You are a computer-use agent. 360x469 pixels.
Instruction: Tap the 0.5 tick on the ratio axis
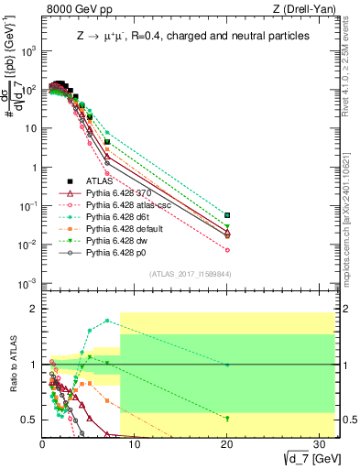click(x=29, y=420)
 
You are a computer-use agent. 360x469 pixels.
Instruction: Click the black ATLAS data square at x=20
click(x=227, y=215)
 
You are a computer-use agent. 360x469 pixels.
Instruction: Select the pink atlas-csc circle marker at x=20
click(x=227, y=250)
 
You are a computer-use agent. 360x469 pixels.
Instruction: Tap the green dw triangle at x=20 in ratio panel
click(x=227, y=418)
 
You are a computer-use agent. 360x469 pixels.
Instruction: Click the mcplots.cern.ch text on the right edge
click(x=352, y=234)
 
